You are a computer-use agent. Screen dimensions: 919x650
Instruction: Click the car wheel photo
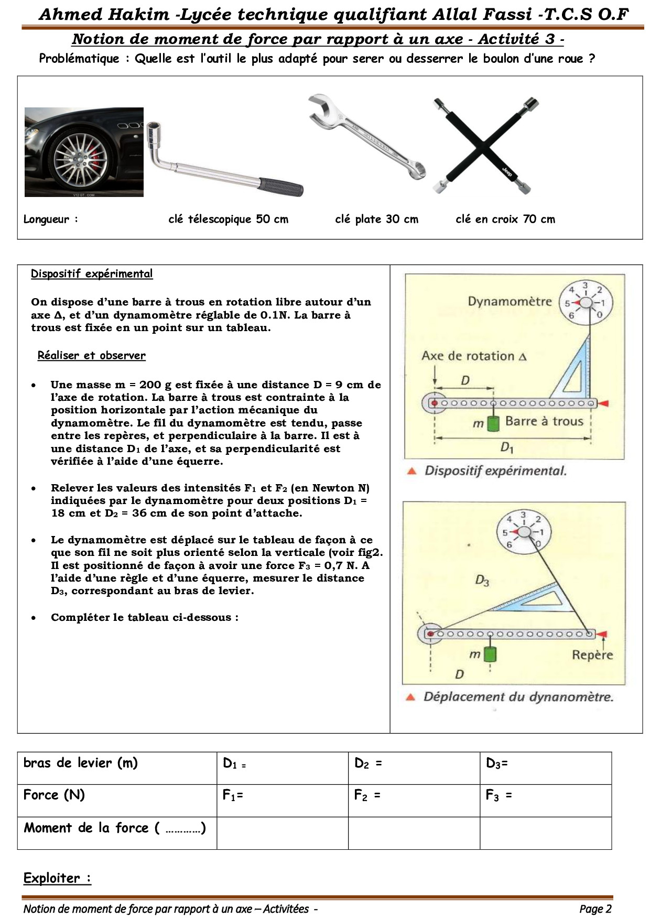84,152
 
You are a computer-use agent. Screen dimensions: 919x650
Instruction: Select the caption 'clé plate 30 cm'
376,219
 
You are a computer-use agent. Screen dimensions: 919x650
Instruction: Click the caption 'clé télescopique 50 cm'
228,219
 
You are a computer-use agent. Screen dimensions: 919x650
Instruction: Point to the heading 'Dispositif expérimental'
92,273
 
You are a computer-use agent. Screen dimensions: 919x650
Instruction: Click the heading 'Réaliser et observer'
91,355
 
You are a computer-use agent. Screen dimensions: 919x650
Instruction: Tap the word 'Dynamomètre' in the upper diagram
510,301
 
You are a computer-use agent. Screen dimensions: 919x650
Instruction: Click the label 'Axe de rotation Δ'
473,356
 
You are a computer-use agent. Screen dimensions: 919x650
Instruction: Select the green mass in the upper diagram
493,423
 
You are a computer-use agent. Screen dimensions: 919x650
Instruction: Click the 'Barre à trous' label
544,421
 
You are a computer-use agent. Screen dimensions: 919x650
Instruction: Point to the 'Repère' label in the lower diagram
592,655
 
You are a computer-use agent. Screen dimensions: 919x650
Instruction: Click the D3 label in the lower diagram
482,580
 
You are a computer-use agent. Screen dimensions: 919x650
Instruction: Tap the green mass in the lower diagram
490,654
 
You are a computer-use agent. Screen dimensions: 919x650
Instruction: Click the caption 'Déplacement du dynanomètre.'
518,697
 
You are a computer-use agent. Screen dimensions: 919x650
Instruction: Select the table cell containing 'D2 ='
414,768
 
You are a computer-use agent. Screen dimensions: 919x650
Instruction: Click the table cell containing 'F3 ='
545,800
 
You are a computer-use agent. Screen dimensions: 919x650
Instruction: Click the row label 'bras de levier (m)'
80,763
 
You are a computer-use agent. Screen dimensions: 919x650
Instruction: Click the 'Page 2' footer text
595,909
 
